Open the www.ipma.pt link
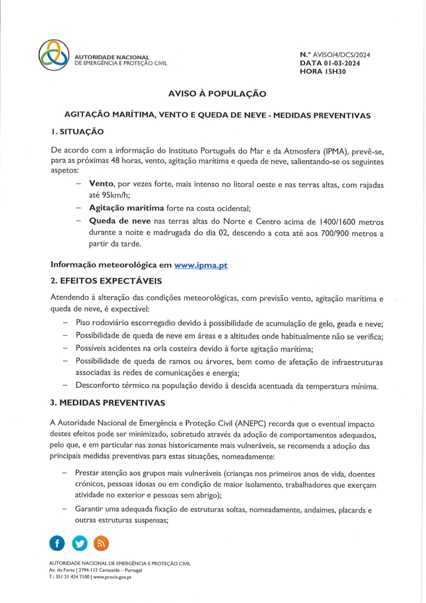pyautogui.click(x=201, y=265)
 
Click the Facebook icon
pyautogui.click(x=58, y=543)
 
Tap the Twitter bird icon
pyautogui.click(x=79, y=543)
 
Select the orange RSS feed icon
pyautogui.click(x=101, y=543)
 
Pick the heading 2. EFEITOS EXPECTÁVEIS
pyautogui.click(x=106, y=281)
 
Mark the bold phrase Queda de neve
pyautogui.click(x=116, y=220)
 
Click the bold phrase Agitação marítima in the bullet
pyautogui.click(x=126, y=207)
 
